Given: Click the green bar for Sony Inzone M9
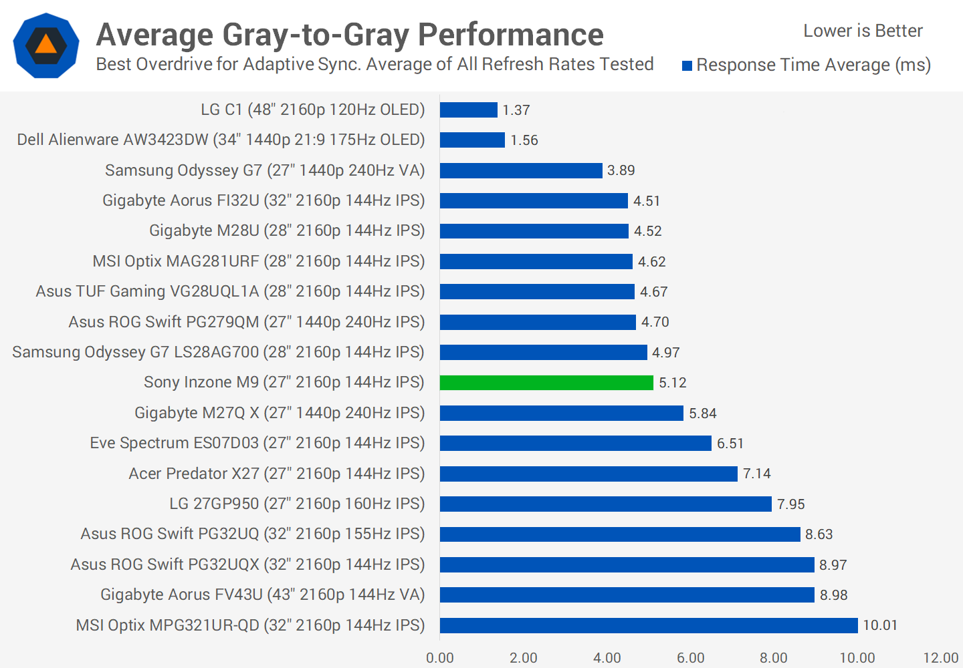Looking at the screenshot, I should coord(546,383).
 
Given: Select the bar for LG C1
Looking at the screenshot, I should coord(469,110).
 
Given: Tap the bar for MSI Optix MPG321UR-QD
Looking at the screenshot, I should coord(649,625).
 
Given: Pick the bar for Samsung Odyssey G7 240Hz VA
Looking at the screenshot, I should coord(521,170).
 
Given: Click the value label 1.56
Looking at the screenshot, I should coord(524,140).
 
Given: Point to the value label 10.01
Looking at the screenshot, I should coord(880,625).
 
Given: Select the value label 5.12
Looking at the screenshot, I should coord(673,383).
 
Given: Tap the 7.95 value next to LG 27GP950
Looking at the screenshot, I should coord(791,504).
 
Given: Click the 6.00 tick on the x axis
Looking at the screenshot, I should coord(691,658).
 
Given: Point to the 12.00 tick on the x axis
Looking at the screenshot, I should coord(941,658).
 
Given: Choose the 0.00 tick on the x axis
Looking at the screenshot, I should coord(440,658).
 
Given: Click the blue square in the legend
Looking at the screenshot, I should coord(687,65).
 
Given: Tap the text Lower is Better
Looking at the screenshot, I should coord(863,31).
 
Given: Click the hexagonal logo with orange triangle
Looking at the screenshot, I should coord(46,45).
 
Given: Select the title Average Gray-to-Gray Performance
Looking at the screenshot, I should coord(350,35).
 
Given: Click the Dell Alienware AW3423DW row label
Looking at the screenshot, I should coord(221,140).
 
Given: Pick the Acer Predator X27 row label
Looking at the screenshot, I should coord(277,474).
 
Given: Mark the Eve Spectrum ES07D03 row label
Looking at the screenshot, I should coord(257,443).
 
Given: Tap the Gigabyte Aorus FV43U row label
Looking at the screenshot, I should coord(263,595).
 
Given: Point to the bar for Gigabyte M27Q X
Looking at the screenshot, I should coord(562,413).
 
